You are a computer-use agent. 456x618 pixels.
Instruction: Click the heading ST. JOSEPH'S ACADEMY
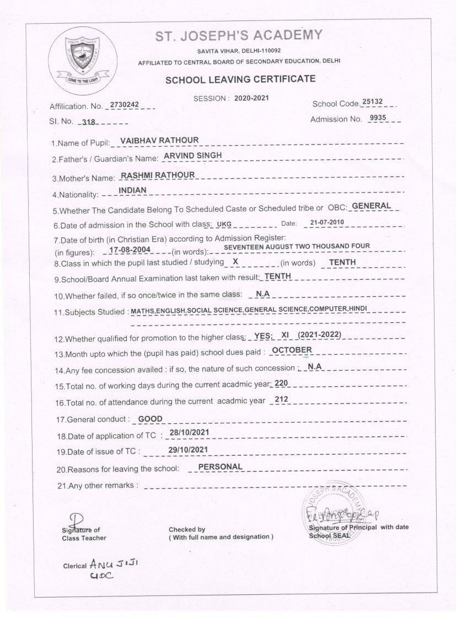tap(238, 36)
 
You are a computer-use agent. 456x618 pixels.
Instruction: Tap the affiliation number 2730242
tap(128, 104)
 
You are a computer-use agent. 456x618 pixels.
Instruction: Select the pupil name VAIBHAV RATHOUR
tap(159, 141)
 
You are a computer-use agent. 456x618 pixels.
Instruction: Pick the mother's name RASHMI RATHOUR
tap(158, 175)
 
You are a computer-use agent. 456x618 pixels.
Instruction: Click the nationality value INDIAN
tap(132, 190)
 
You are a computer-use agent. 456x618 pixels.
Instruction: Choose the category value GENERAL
tap(371, 206)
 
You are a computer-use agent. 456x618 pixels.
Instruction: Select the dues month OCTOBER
tap(292, 350)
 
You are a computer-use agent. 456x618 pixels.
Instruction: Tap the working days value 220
tap(281, 383)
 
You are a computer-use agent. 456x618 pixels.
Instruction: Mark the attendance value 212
tap(281, 399)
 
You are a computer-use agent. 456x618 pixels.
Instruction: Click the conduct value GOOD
tap(150, 419)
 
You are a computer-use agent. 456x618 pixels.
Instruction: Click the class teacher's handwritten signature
tap(76, 520)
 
